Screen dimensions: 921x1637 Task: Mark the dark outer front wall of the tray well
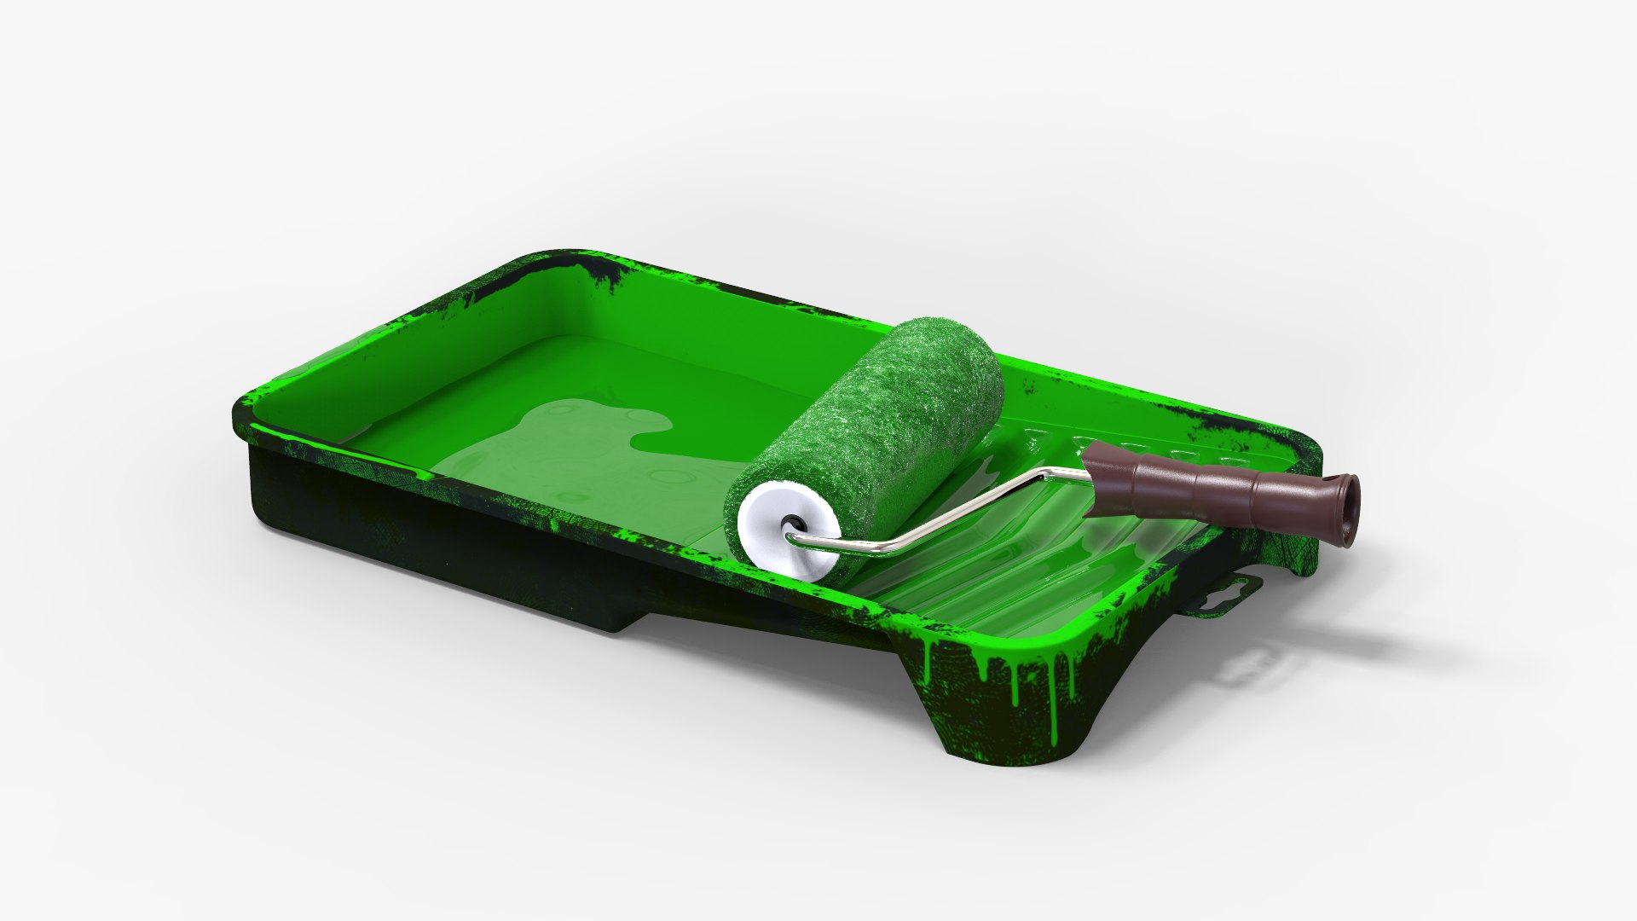pos(426,537)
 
